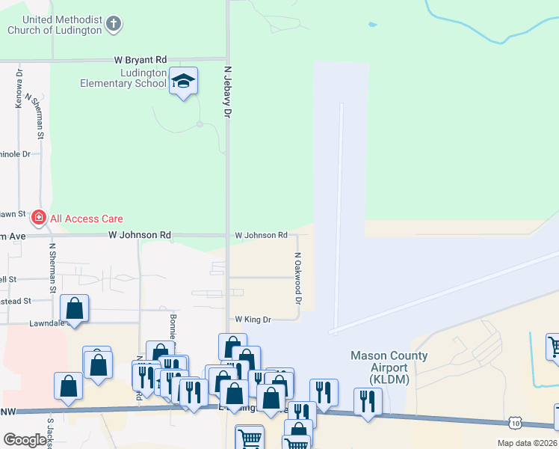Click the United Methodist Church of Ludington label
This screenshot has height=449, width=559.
(x=54, y=25)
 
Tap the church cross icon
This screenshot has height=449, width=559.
(x=114, y=24)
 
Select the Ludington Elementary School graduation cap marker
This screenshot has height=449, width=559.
(x=182, y=82)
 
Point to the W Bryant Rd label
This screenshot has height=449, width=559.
(x=140, y=58)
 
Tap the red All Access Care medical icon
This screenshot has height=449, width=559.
(x=38, y=219)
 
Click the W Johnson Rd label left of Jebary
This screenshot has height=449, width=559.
(x=139, y=235)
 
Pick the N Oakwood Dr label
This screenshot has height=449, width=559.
(x=297, y=278)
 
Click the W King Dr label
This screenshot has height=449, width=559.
(x=253, y=319)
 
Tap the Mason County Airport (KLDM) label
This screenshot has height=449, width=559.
(x=390, y=367)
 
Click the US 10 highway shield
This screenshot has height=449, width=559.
(x=516, y=424)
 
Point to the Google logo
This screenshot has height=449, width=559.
(x=25, y=440)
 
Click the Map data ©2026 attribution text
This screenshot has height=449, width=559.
(x=527, y=443)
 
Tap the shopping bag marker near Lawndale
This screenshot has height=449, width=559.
(x=75, y=308)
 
